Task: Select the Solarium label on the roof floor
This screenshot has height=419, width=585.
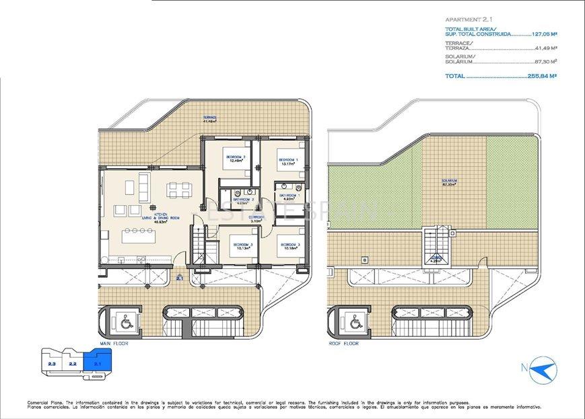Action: point(450,182)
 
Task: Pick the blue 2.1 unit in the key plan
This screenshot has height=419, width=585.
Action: point(98,363)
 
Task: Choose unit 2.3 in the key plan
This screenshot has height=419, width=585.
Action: point(52,364)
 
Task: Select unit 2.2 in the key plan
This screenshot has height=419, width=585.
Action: point(73,364)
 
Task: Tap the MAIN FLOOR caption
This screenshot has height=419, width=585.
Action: point(114,343)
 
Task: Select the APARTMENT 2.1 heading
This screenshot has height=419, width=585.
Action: point(469,20)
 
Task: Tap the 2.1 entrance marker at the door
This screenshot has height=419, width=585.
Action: point(179,278)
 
